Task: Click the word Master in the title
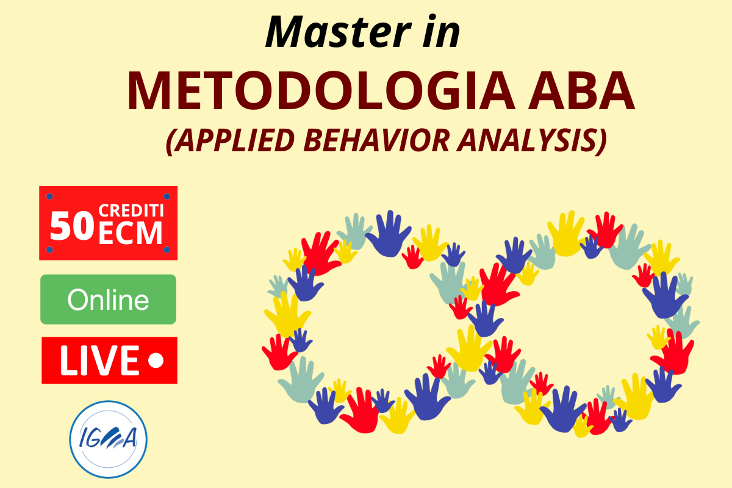338,32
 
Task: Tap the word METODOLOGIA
321,91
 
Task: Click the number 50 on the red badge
72,226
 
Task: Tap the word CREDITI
131,210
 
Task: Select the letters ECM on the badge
131,233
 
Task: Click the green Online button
108,300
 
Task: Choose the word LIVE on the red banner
99,360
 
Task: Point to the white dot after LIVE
156,360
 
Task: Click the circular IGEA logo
108,440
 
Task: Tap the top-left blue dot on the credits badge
49,196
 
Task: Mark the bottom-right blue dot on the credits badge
167,249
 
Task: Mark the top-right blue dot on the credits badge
167,196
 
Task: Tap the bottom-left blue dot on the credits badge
49,249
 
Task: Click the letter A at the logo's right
129,438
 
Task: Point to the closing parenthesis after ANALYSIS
602,141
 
